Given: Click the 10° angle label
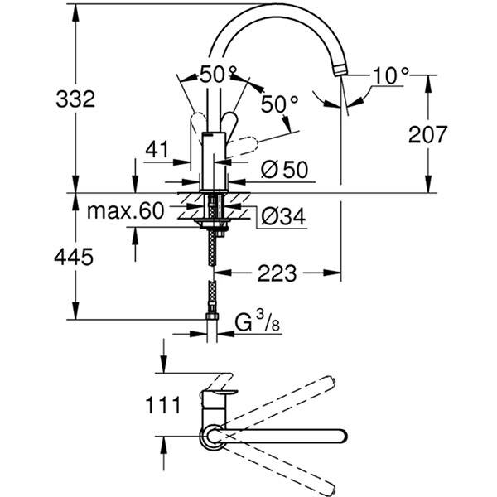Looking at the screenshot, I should point(389,75).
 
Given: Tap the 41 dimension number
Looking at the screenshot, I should point(155,149).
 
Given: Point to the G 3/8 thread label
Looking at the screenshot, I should point(253,319).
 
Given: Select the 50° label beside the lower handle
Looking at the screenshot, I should point(280,105).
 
